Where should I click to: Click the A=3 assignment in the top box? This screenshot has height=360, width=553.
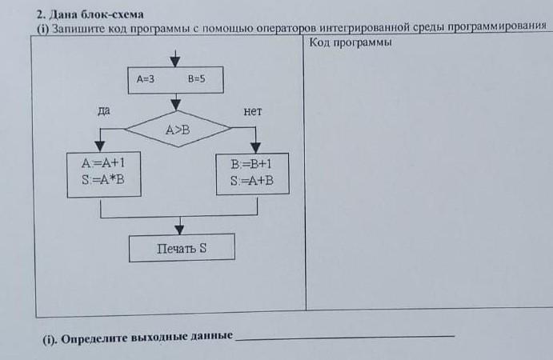pos(146,79)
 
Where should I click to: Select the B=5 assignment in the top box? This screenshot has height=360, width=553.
pos(197,79)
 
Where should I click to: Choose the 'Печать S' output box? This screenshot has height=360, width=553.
pos(182,247)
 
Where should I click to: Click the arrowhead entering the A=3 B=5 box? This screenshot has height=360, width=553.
pos(176,62)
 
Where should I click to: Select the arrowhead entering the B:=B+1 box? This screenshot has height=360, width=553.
pos(255,146)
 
